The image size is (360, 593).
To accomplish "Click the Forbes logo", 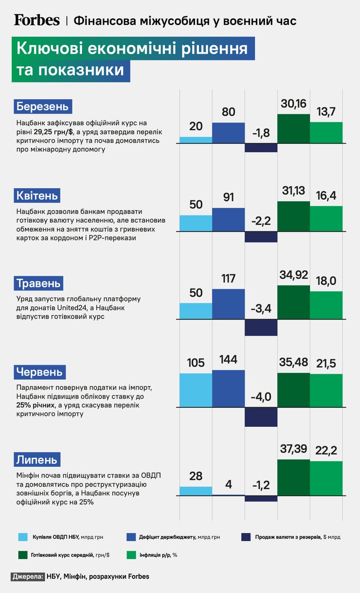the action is click(x=37, y=20).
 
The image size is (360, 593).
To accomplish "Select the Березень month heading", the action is click(x=43, y=106).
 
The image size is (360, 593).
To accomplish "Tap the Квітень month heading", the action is click(x=37, y=195).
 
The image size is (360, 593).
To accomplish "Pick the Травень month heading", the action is click(x=39, y=283).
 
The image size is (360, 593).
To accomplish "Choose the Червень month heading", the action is click(x=40, y=372).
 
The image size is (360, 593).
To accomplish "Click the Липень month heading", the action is click(x=37, y=460).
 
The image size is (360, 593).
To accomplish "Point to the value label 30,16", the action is click(x=294, y=104).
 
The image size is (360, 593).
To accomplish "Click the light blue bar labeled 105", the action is click(x=196, y=390).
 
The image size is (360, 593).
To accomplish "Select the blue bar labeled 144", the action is click(x=229, y=389).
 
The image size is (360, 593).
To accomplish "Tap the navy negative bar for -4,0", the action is click(x=261, y=417).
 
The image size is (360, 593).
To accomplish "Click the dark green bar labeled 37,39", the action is click(x=294, y=478).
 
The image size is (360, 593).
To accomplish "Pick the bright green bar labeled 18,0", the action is click(x=326, y=305).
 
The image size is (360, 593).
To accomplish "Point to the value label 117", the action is click(x=229, y=278).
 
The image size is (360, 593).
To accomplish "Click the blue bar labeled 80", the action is click(x=229, y=133).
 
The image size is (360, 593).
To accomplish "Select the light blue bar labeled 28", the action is click(x=196, y=491).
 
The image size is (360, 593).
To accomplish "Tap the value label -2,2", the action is click(x=261, y=221).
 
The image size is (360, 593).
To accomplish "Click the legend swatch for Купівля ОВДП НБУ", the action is click(x=23, y=537).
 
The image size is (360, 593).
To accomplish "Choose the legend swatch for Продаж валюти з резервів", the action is click(x=246, y=537).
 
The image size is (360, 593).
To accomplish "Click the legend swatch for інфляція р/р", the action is click(x=131, y=555).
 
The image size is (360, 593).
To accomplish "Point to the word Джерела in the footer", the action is click(x=27, y=577).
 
